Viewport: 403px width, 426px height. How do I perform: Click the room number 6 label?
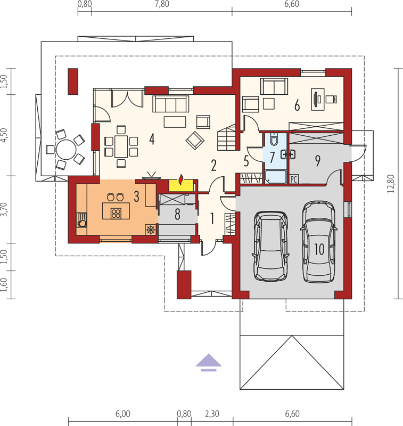click(x=297, y=105)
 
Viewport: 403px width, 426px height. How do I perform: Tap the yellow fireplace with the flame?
click(x=181, y=185)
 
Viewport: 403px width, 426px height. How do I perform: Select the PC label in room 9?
click(x=294, y=179)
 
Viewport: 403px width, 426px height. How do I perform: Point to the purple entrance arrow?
click(x=209, y=362)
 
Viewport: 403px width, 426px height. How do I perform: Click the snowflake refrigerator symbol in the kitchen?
click(x=151, y=230)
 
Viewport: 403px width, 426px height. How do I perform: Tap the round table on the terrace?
click(x=66, y=150)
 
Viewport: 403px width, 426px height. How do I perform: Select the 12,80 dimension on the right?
click(x=391, y=184)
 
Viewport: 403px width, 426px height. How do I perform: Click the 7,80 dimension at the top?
click(x=162, y=4)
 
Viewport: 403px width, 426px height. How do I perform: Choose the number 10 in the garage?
click(x=319, y=249)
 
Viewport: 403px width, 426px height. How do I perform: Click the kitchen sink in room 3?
click(x=82, y=220)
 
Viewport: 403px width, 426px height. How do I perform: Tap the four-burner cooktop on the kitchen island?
click(x=116, y=214)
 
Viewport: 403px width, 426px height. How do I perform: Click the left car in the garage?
click(x=271, y=246)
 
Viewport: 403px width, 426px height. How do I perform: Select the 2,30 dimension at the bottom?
click(x=212, y=414)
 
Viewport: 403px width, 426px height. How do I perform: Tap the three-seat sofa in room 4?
click(x=170, y=104)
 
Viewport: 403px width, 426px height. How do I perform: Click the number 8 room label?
click(x=177, y=214)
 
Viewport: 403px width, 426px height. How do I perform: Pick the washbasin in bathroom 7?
click(x=288, y=154)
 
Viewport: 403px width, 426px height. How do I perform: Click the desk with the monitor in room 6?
click(x=317, y=99)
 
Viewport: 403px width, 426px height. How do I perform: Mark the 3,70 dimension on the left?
click(x=4, y=209)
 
